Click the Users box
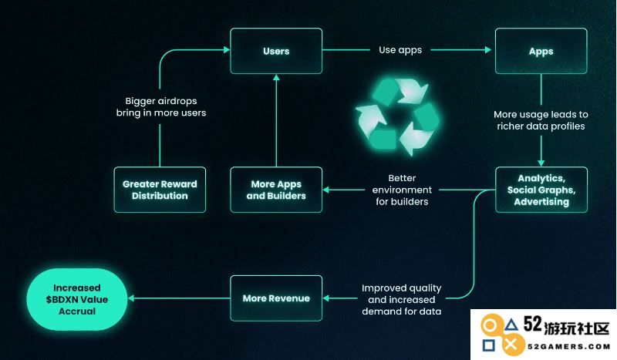(276, 51)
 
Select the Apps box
(541, 51)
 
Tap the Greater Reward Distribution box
(160, 190)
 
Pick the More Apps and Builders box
(276, 190)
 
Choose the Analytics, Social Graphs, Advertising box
(541, 190)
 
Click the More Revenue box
(276, 298)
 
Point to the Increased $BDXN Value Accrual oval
(77, 299)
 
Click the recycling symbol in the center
(397, 116)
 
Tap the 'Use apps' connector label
(400, 50)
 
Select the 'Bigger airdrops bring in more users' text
(161, 106)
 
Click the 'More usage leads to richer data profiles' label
(541, 120)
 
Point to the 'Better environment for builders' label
(402, 190)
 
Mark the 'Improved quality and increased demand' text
(401, 299)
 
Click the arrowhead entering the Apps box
(488, 50)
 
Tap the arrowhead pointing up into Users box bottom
(276, 78)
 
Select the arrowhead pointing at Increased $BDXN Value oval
(131, 298)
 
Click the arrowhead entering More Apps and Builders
(325, 190)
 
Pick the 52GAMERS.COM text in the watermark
(568, 347)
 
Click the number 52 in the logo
(533, 325)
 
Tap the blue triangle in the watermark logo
(511, 325)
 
